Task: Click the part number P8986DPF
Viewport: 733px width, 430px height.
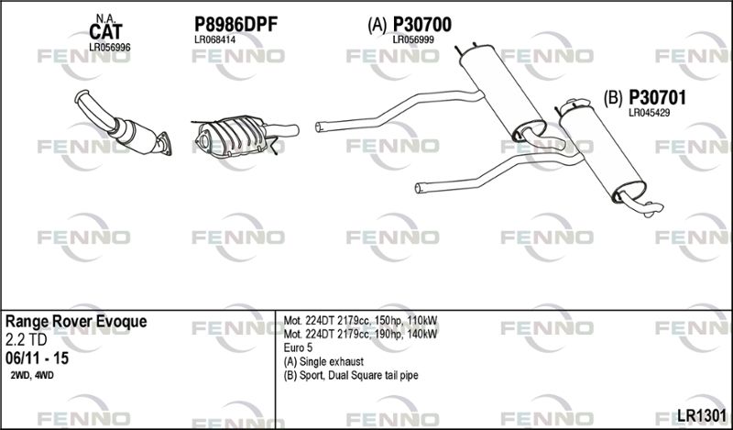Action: click(235, 25)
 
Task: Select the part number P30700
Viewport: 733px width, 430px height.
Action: click(422, 25)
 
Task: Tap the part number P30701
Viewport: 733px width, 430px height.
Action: click(657, 98)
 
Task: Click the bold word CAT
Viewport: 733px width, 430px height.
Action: click(105, 32)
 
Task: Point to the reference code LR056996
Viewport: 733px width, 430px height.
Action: click(109, 48)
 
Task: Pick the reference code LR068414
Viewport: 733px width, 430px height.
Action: click(214, 39)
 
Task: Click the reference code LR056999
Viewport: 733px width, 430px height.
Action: click(413, 39)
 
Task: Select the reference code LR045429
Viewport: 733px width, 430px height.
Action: click(650, 113)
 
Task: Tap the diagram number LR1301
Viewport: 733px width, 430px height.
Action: click(702, 415)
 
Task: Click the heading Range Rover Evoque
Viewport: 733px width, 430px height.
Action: click(76, 322)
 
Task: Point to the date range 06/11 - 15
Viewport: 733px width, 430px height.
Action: click(37, 358)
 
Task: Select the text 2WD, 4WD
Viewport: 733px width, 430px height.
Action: click(31, 375)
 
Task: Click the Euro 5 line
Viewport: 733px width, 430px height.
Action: click(298, 347)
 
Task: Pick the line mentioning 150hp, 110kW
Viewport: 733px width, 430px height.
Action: click(360, 321)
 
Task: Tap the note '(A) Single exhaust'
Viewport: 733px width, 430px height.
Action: click(323, 361)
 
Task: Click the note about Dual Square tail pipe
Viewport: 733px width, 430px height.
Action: click(351, 375)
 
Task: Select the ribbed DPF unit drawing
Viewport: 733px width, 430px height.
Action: click(234, 136)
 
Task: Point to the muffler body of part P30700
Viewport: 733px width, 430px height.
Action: click(502, 93)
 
